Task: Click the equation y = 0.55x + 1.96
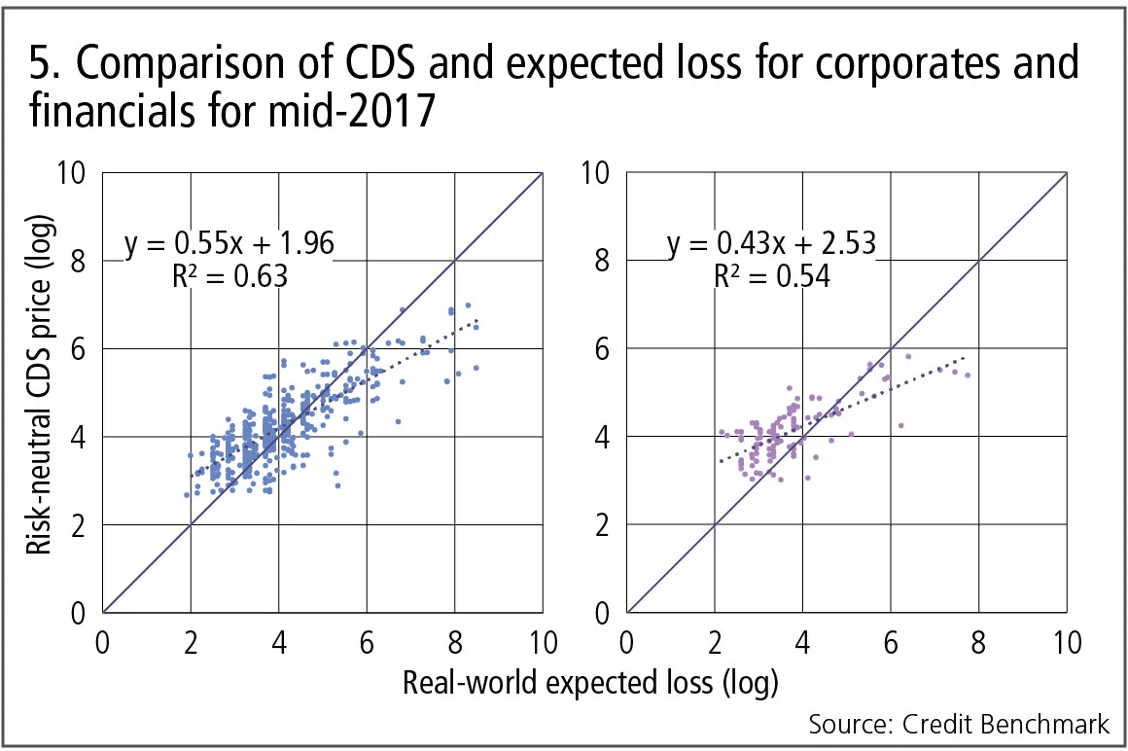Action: pos(230,243)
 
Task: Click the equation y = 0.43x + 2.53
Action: pos(772,243)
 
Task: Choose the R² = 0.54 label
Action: pos(772,277)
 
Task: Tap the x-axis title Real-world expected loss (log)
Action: pos(590,682)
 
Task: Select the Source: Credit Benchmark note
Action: pos(959,725)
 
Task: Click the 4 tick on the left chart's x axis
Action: pos(279,643)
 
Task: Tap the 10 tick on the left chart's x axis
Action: pos(542,643)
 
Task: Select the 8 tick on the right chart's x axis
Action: pos(978,643)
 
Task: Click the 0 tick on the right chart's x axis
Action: pos(628,643)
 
